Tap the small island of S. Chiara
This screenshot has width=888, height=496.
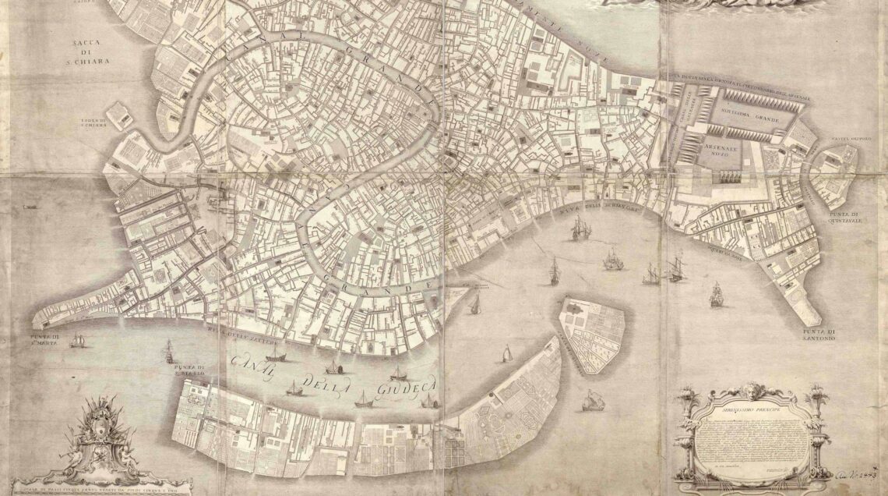(x=120, y=116)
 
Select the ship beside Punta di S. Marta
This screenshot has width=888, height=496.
(x=77, y=340)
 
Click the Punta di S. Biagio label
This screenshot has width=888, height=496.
(x=189, y=370)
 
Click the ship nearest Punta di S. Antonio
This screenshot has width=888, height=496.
(x=715, y=294)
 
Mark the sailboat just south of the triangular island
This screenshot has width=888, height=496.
(x=592, y=401)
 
